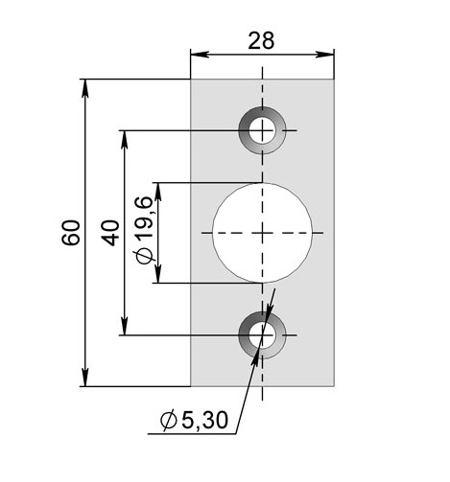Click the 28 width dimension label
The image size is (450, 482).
[x=261, y=41]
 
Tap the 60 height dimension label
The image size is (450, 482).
[x=71, y=233]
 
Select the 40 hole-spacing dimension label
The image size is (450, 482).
[x=110, y=233]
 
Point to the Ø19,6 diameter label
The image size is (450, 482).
[x=144, y=230]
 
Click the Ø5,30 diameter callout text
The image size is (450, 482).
[x=194, y=420]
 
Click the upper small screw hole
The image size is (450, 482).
[x=262, y=130]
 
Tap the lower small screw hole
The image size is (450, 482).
[x=262, y=335]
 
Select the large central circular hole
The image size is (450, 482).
[x=262, y=233]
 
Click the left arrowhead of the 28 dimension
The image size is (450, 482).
[x=200, y=55]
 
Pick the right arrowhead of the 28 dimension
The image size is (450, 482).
[x=325, y=55]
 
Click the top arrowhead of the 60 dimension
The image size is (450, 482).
[x=84, y=88]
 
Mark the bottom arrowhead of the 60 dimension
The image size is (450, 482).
[x=84, y=378]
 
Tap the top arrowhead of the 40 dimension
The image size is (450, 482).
[x=125, y=140]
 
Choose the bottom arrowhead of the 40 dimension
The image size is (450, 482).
[x=125, y=326]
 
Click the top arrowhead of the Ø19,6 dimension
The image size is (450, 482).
[x=158, y=192]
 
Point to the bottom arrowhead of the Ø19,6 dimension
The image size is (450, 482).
[x=158, y=274]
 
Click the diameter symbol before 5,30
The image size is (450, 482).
[x=169, y=420]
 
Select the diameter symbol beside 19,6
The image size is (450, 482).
[x=143, y=256]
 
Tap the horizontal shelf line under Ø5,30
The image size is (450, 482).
[x=192, y=434]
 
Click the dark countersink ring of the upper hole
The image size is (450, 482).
[x=243, y=130]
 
